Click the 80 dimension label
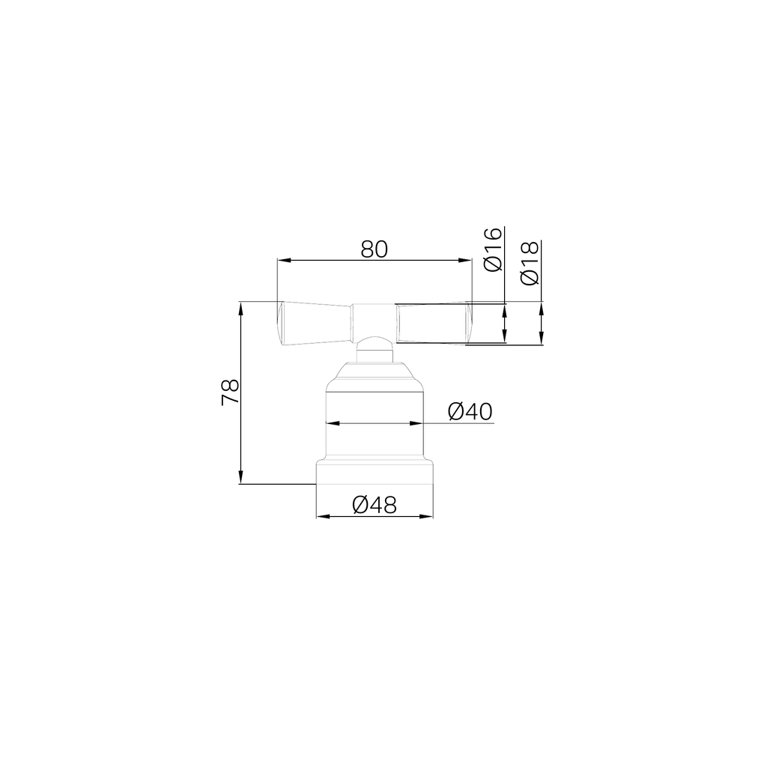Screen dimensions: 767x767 click(374, 249)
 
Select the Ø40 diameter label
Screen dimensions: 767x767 click(470, 411)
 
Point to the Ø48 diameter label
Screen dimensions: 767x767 click(374, 505)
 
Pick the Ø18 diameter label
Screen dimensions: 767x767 click(530, 264)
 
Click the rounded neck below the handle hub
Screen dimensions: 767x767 click(374, 351)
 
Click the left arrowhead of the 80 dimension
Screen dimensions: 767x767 click(282, 261)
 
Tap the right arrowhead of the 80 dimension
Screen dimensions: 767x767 click(467, 261)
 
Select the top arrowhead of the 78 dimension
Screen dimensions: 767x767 click(240, 307)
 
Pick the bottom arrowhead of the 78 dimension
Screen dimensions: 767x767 click(240, 479)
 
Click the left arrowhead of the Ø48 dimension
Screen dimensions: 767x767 click(321, 517)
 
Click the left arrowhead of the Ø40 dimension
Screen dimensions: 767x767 click(330, 423)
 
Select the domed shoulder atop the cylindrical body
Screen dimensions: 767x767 click(374, 372)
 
